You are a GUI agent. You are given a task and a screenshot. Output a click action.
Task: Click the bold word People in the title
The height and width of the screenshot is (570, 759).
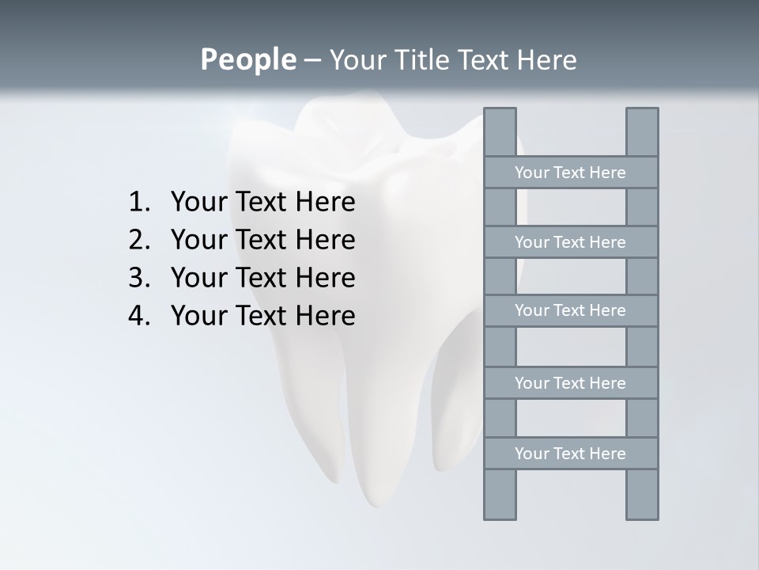(x=247, y=59)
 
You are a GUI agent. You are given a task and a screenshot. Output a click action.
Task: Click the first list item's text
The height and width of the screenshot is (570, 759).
(x=262, y=203)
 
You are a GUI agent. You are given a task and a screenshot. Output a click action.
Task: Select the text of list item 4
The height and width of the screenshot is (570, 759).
(x=262, y=316)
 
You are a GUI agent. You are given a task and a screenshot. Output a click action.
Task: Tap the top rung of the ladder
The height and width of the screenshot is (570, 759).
(x=570, y=173)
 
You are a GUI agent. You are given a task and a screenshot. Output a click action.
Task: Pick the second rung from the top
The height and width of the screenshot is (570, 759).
(x=570, y=242)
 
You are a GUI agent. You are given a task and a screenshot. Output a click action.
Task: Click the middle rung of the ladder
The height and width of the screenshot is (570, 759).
(x=570, y=310)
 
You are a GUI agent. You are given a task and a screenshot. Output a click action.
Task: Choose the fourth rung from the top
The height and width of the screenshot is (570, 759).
(x=570, y=383)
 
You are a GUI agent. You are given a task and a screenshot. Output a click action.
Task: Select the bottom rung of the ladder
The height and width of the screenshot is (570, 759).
(x=570, y=454)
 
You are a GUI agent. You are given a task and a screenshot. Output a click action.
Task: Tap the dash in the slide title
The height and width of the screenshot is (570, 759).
(x=312, y=60)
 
